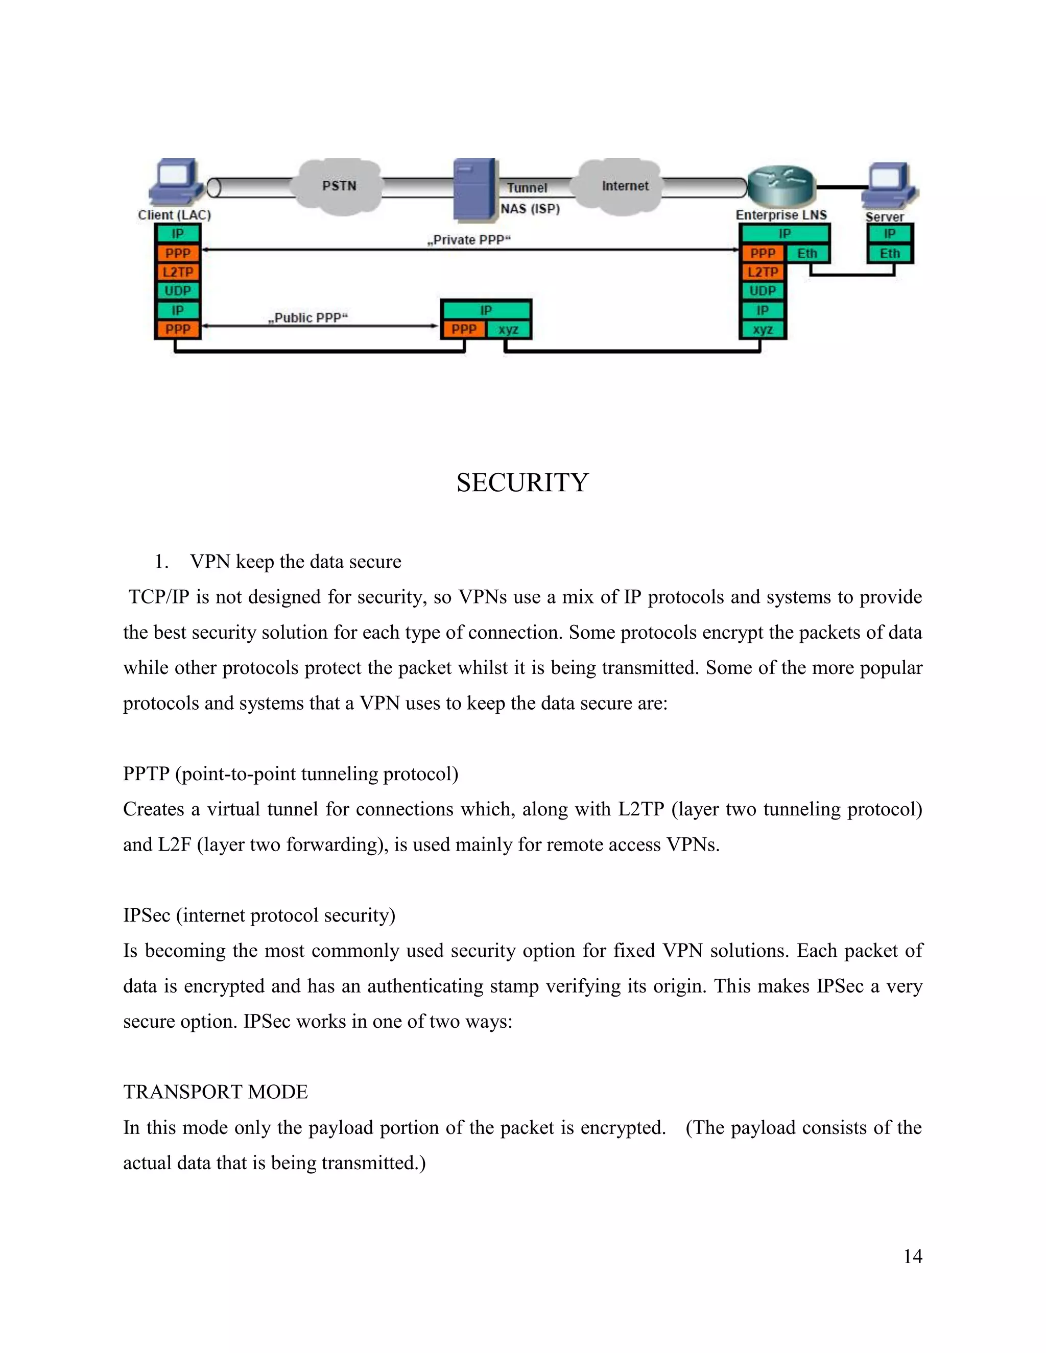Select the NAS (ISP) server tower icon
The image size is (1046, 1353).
(474, 189)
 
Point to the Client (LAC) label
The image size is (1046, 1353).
(174, 215)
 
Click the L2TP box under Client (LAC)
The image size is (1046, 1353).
(178, 272)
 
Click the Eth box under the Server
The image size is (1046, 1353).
(889, 253)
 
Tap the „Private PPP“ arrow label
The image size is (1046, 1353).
(468, 240)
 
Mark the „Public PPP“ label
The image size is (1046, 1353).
(308, 318)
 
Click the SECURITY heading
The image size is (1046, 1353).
(522, 482)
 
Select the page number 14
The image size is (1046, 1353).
(912, 1257)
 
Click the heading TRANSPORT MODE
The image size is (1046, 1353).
(215, 1092)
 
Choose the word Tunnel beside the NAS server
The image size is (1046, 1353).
(527, 188)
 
